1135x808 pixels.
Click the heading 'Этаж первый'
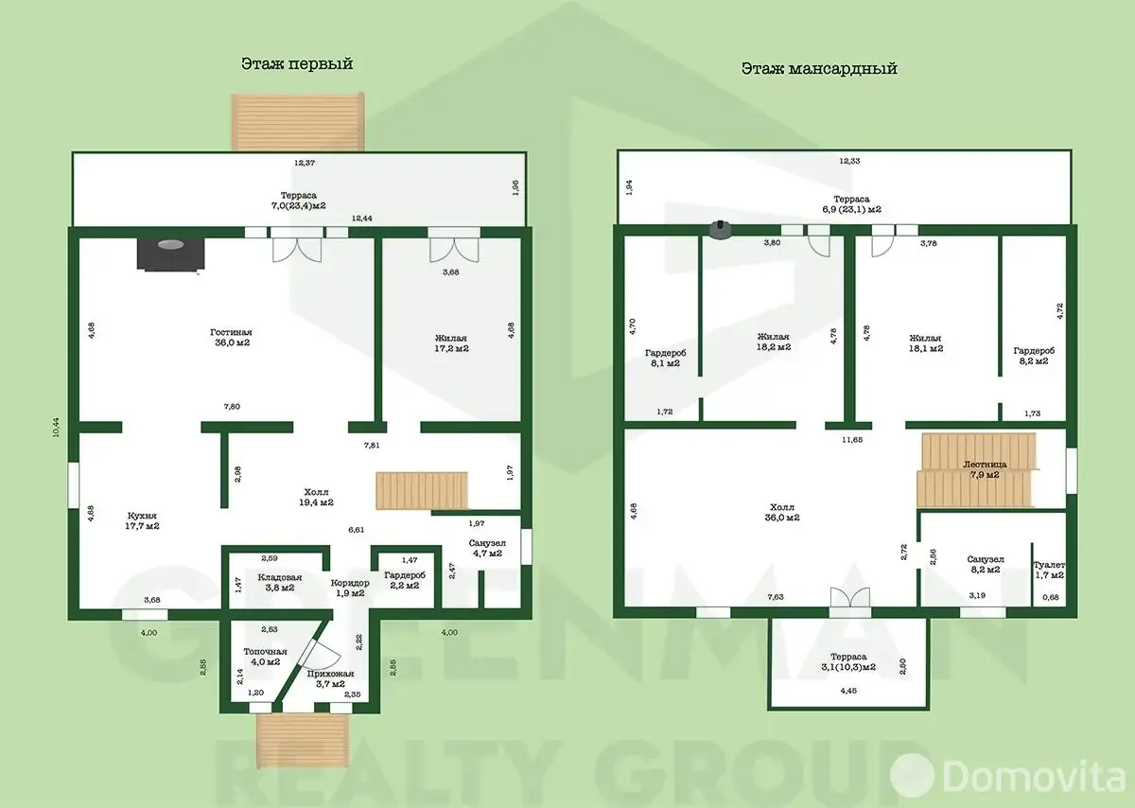point(297,64)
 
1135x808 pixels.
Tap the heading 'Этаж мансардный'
point(819,68)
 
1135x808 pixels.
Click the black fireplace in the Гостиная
point(171,254)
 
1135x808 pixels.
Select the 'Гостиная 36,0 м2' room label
point(232,338)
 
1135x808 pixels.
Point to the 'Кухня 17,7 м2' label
point(143,521)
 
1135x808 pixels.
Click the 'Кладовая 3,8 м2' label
point(280,583)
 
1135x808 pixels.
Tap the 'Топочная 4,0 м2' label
point(265,657)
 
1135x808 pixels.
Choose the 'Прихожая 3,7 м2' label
point(330,679)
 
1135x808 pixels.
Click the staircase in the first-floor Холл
point(422,491)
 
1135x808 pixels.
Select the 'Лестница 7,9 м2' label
point(985,470)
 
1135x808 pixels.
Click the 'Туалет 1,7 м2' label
point(1049,571)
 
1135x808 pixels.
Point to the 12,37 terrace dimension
point(305,164)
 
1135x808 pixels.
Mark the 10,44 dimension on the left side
point(56,428)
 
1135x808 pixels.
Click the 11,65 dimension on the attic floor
point(852,440)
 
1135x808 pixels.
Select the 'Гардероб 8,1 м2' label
point(665,359)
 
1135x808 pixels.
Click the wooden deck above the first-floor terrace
point(298,122)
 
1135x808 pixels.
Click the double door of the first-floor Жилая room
point(454,244)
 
